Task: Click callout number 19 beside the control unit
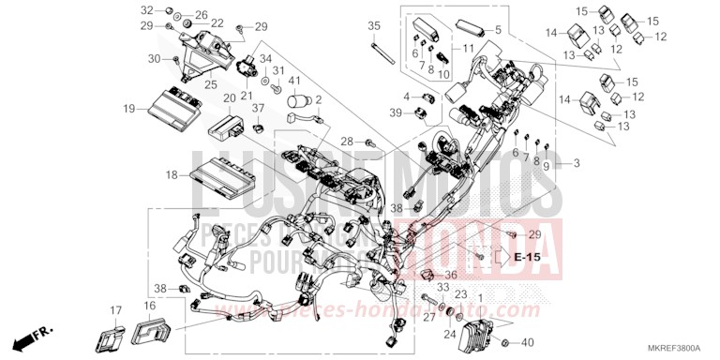click(128, 109)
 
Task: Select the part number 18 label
click(172, 174)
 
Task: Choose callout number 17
click(116, 309)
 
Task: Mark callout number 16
click(150, 307)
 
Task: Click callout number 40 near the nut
click(528, 342)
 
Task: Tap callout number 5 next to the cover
click(498, 30)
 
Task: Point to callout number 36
click(451, 275)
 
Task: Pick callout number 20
click(229, 97)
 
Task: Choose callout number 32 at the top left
click(146, 9)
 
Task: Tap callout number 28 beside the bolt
click(346, 142)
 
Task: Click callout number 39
click(397, 112)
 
